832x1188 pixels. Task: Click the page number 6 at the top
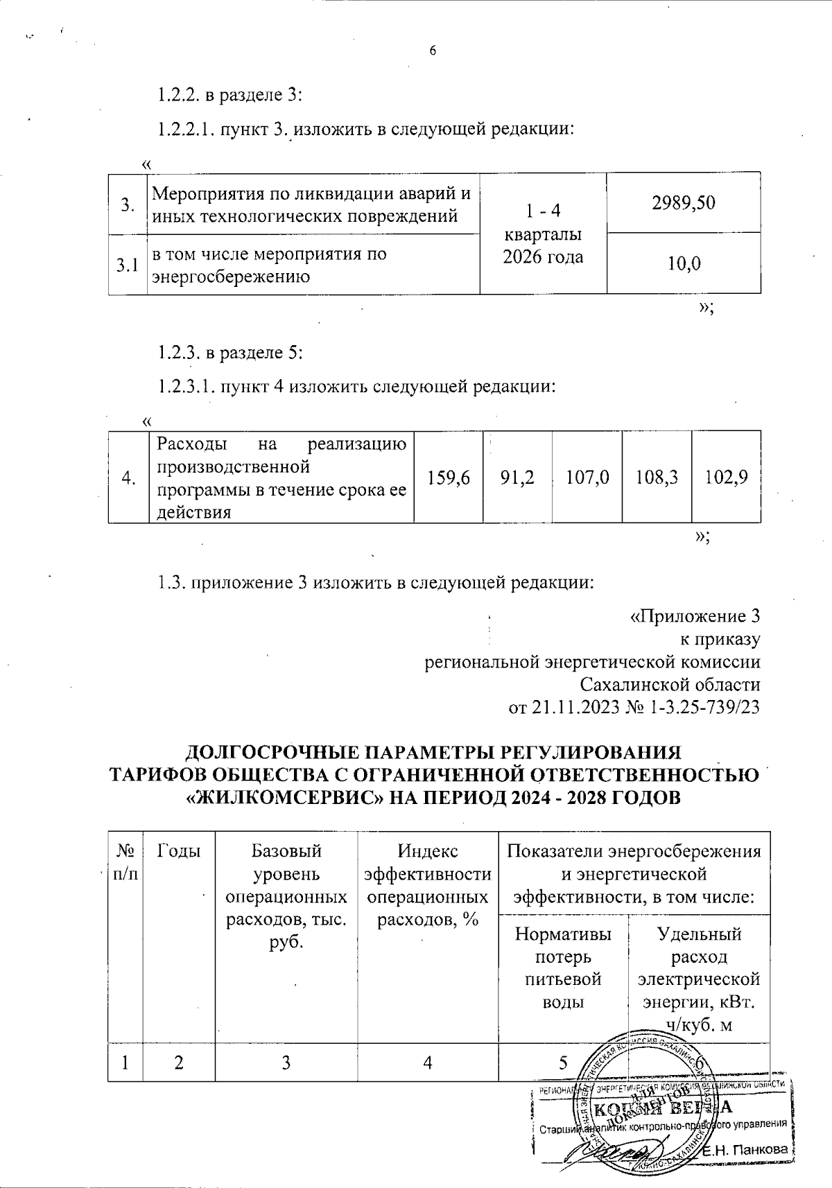433,50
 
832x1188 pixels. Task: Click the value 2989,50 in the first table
683,202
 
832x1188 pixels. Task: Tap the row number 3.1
127,265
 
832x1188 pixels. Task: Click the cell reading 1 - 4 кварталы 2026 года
543,233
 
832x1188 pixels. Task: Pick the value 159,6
449,477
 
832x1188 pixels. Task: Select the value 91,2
517,477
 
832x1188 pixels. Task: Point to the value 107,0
587,477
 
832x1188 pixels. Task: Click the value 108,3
657,477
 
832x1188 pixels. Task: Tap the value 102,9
726,477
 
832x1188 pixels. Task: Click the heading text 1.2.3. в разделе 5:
229,353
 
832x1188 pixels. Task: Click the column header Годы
179,850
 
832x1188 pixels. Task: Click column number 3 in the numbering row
285,1062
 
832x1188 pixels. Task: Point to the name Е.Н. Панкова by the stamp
746,1150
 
